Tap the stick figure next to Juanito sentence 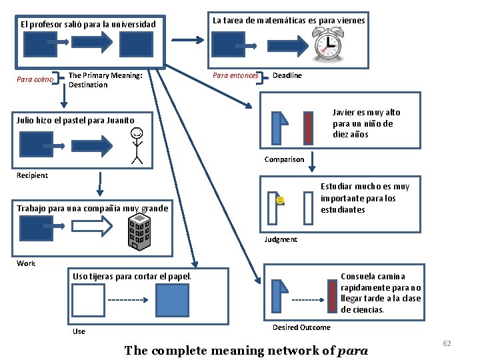[137, 145]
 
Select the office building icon [139, 234]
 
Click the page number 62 [447, 343]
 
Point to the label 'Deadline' [287, 75]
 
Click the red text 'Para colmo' [35, 80]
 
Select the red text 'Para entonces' [235, 75]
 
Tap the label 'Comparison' [284, 159]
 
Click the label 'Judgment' [281, 239]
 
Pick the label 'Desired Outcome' [301, 327]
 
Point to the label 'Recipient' [32, 175]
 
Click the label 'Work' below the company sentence [26, 263]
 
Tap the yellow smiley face [281, 199]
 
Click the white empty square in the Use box [89, 300]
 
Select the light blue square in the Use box [172, 300]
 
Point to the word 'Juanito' [119, 121]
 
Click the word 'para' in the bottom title [353, 351]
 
